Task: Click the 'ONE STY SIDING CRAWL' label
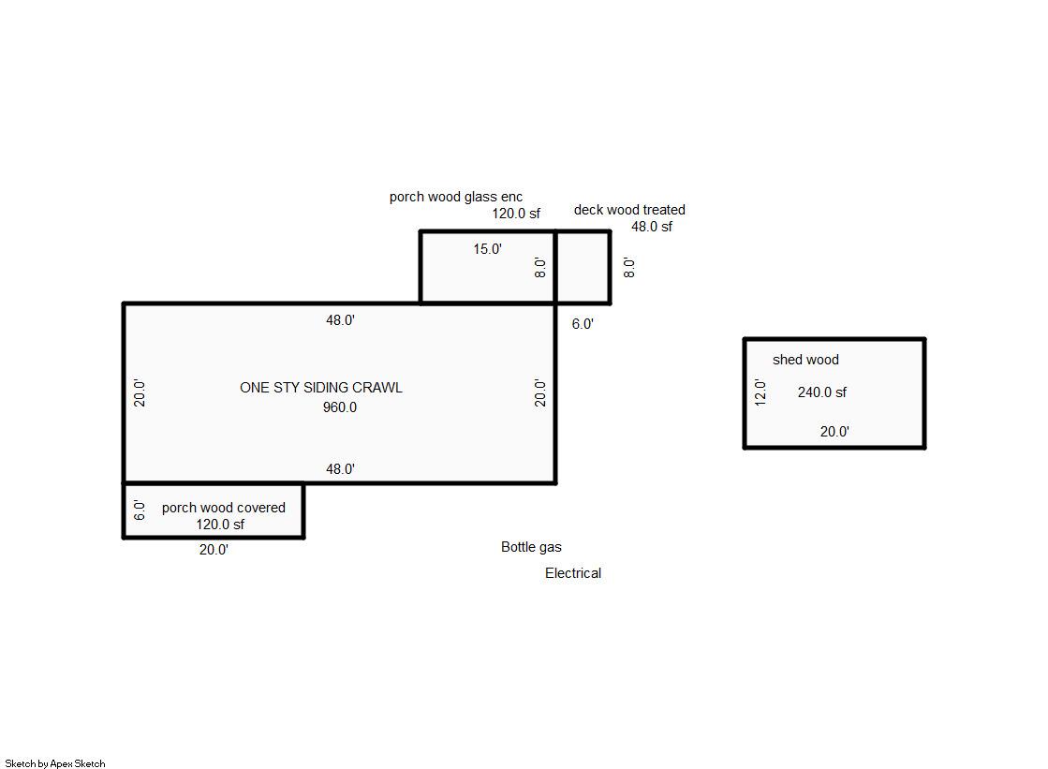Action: click(321, 387)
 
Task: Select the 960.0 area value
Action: click(340, 407)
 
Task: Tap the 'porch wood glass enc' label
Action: click(456, 197)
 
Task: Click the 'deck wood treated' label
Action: click(629, 209)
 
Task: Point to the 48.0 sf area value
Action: click(652, 227)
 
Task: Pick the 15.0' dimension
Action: click(487, 249)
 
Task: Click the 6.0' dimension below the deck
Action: click(583, 324)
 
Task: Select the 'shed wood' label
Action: click(805, 360)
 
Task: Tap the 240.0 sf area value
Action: click(821, 392)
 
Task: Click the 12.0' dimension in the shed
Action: click(760, 392)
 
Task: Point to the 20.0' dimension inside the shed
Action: click(834, 432)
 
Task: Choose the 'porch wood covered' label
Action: click(223, 508)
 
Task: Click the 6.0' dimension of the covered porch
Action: click(139, 510)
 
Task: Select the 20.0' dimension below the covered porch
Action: click(214, 550)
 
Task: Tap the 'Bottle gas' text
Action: click(531, 547)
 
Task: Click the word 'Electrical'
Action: click(573, 573)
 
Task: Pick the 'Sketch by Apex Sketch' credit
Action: click(55, 763)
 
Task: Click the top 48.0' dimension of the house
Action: click(340, 320)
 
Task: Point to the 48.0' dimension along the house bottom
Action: click(340, 469)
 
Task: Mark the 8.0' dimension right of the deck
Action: click(629, 268)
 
